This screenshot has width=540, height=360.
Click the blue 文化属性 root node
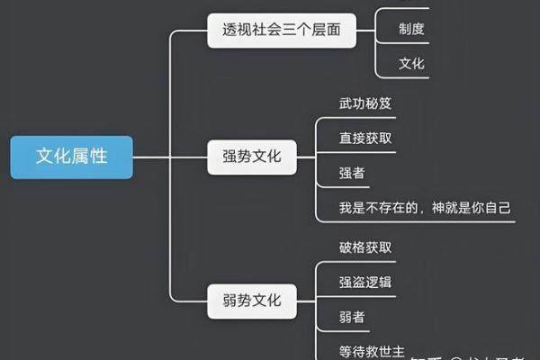point(71,157)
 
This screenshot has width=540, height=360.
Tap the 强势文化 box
point(251,157)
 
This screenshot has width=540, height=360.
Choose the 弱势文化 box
point(251,299)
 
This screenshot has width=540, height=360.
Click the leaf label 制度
point(411,29)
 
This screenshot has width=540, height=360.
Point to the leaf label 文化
point(411,64)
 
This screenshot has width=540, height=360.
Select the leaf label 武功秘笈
point(365,103)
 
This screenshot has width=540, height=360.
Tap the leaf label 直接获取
point(365,138)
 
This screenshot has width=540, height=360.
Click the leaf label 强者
point(352,173)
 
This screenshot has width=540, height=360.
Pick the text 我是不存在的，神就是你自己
point(425,208)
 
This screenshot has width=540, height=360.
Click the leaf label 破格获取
point(365,247)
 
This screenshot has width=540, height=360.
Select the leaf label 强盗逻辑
point(365,282)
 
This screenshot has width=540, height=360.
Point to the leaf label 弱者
point(352,317)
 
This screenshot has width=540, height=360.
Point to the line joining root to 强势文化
point(171,157)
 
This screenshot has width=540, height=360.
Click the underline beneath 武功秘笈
point(369,117)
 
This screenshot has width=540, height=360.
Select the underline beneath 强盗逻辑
point(369,296)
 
